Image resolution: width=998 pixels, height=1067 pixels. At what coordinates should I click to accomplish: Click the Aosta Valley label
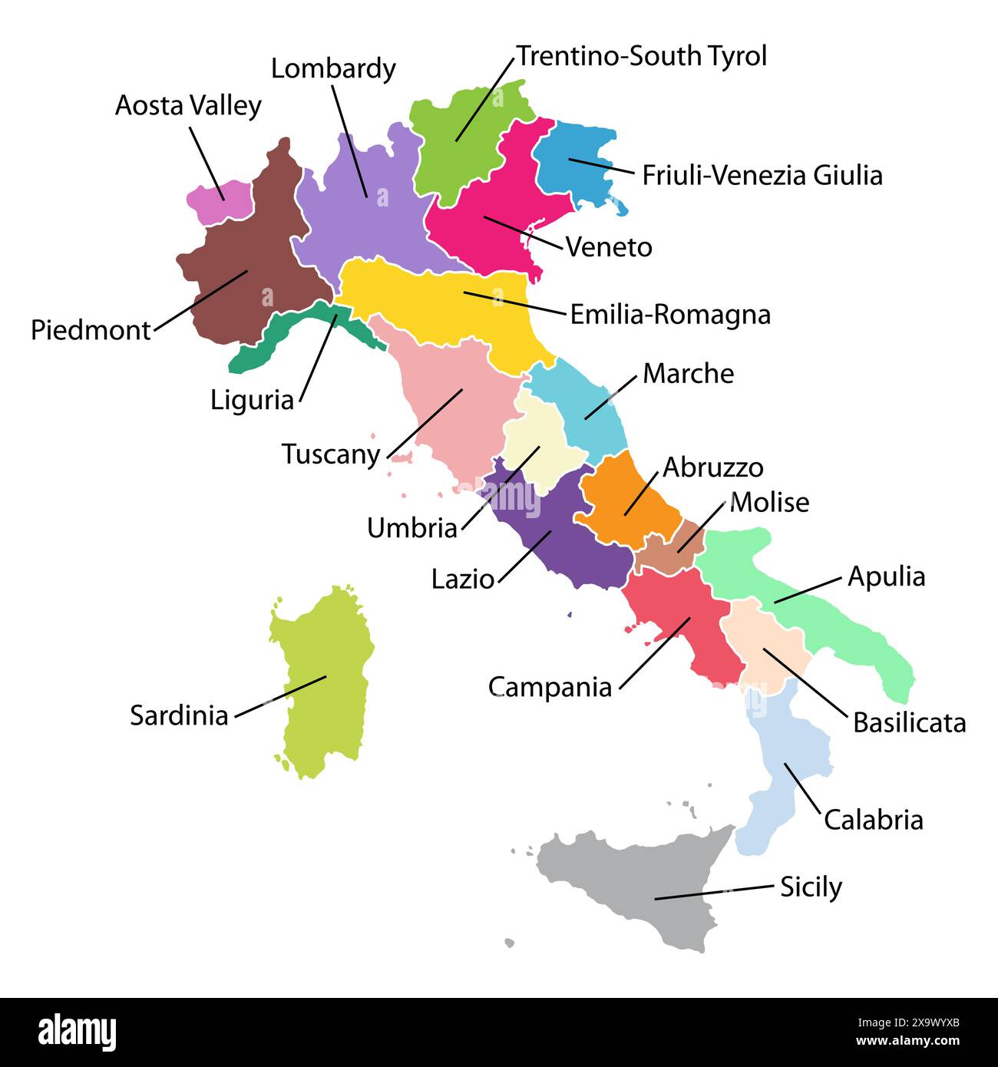pyautogui.click(x=188, y=106)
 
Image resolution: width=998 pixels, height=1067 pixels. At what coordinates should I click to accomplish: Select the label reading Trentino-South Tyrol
pyautogui.click(x=641, y=56)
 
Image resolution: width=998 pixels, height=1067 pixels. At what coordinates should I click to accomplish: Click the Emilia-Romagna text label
pyautogui.click(x=670, y=315)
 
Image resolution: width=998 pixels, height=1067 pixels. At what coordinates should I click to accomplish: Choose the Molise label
pyautogui.click(x=769, y=503)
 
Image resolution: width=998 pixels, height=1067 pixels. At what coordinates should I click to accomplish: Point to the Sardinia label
pyautogui.click(x=179, y=715)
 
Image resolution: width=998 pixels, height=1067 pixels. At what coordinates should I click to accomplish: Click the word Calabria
pyautogui.click(x=873, y=820)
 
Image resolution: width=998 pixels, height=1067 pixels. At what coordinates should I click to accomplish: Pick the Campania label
pyautogui.click(x=550, y=687)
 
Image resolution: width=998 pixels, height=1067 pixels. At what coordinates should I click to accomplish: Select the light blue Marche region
pyautogui.click(x=583, y=407)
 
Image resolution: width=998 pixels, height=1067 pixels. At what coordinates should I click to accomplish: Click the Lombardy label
pyautogui.click(x=333, y=69)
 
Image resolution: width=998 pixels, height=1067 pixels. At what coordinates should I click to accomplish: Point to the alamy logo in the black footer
pyautogui.click(x=77, y=1031)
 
